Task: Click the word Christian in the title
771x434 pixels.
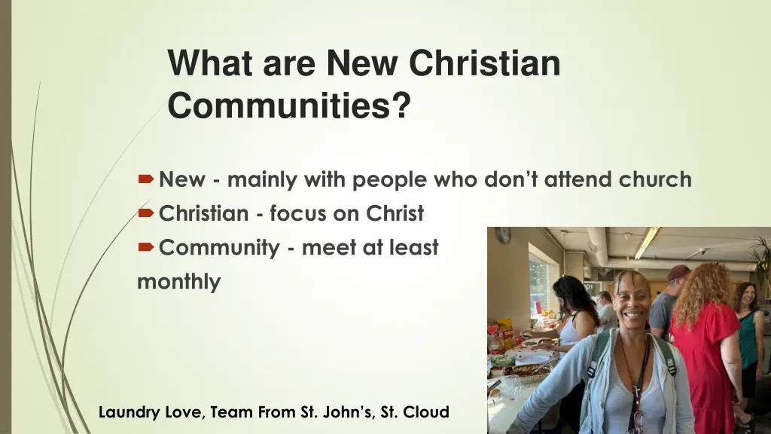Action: (484, 63)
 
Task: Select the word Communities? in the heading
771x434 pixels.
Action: (289, 105)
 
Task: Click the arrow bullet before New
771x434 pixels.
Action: (146, 180)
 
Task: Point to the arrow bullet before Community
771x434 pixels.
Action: (146, 248)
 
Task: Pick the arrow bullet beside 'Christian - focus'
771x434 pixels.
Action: (146, 214)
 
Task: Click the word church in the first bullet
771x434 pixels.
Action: (655, 179)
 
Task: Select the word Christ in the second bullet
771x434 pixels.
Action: (395, 214)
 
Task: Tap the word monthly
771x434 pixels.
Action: (179, 283)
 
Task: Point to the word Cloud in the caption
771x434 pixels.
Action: (427, 412)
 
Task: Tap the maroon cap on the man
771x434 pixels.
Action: (678, 271)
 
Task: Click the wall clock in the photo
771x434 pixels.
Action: (503, 234)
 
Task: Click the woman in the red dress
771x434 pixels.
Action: (703, 339)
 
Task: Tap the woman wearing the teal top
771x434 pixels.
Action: (748, 332)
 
